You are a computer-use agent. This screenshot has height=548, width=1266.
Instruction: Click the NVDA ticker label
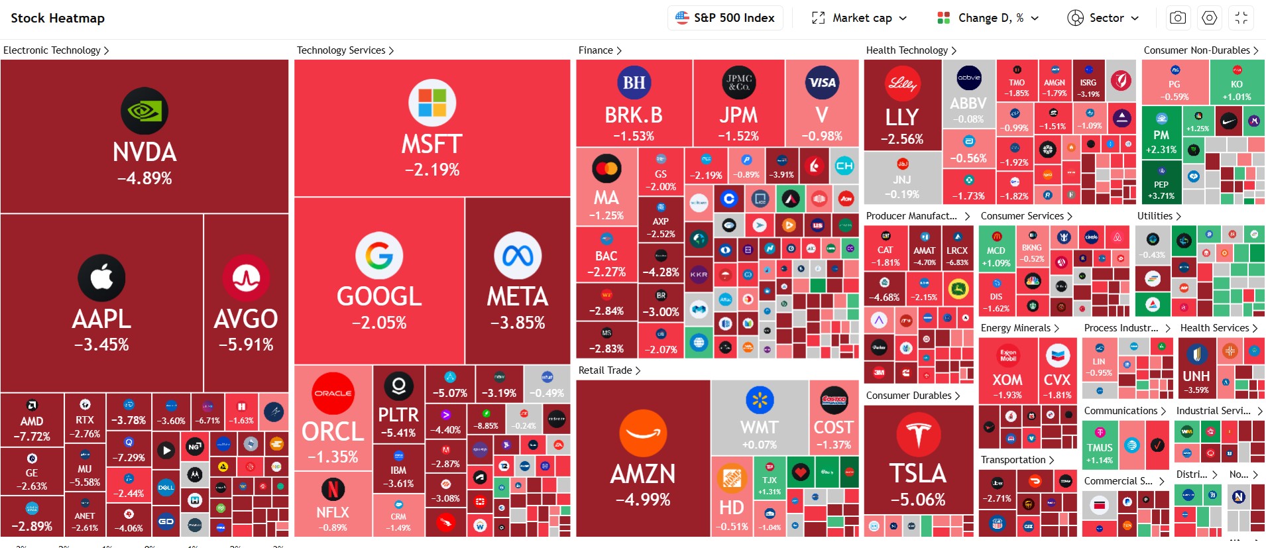point(144,152)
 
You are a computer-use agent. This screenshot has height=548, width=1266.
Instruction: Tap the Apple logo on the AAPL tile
point(101,278)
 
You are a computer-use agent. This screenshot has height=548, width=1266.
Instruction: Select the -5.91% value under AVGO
point(246,345)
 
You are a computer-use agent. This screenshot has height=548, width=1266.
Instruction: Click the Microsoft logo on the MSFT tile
point(432,103)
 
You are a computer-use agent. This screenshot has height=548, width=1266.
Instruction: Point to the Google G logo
point(379,256)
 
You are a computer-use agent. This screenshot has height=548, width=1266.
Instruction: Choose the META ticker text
point(518,297)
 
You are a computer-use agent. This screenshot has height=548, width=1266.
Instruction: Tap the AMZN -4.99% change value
point(643,500)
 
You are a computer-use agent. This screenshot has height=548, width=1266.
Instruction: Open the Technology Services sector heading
point(345,50)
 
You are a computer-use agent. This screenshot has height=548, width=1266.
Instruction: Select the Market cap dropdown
point(860,18)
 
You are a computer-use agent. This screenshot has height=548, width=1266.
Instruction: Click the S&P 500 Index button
point(725,18)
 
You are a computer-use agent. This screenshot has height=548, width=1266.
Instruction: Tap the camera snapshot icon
point(1178,18)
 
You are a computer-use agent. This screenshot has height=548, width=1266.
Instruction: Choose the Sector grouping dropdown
point(1103,18)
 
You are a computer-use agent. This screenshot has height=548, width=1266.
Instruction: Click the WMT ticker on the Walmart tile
point(760,427)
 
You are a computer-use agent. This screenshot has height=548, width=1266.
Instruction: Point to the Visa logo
point(822,83)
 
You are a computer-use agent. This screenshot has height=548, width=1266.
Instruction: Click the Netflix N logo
point(333,489)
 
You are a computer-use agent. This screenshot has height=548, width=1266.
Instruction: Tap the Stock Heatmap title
point(58,18)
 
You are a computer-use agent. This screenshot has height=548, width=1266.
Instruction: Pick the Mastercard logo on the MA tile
point(606,168)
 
